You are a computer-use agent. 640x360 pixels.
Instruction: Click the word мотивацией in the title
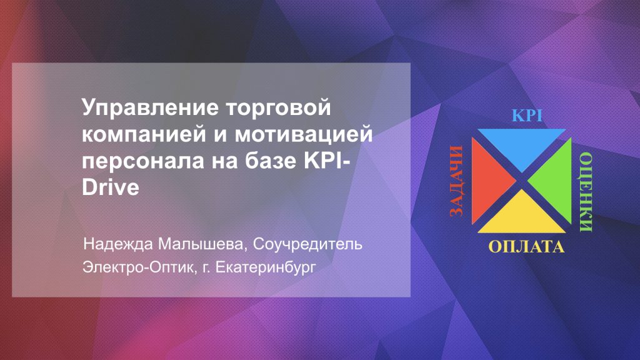click(x=303, y=134)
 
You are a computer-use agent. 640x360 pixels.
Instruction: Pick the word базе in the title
click(x=271, y=161)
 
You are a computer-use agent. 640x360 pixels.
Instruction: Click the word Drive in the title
click(x=111, y=187)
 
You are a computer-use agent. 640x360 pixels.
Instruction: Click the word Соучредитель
click(x=307, y=244)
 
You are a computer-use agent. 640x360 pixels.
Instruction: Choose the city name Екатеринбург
click(x=265, y=268)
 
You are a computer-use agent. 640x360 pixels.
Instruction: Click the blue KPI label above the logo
click(x=527, y=116)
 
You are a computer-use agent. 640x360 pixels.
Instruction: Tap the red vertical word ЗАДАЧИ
click(x=457, y=181)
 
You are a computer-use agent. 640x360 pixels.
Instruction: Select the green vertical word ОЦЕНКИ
click(x=586, y=192)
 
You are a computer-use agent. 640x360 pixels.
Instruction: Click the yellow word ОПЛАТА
click(x=526, y=246)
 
